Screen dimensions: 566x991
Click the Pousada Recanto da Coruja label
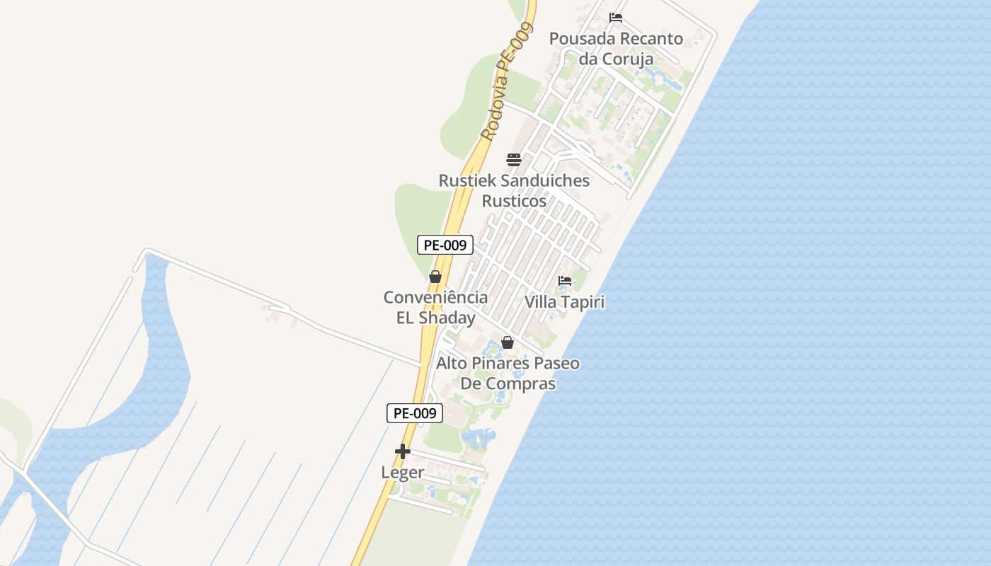click(616, 48)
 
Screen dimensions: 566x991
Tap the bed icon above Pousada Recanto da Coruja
click(616, 18)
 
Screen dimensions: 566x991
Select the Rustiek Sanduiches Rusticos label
click(514, 190)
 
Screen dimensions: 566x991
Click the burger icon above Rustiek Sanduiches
click(514, 160)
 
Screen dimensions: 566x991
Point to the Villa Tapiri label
click(564, 302)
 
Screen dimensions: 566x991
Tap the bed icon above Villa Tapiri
click(564, 281)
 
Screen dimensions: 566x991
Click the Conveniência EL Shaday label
click(435, 307)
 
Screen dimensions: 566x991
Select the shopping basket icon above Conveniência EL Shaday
click(435, 277)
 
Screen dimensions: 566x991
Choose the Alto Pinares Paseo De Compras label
click(508, 373)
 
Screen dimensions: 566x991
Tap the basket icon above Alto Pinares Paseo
click(508, 343)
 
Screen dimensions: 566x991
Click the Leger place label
click(403, 472)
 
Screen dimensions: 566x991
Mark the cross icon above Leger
click(403, 451)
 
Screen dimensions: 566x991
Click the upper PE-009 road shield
click(445, 245)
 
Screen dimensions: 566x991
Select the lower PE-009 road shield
click(415, 413)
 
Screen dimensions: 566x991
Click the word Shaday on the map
click(447, 318)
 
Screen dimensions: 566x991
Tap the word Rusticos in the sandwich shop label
click(514, 201)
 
